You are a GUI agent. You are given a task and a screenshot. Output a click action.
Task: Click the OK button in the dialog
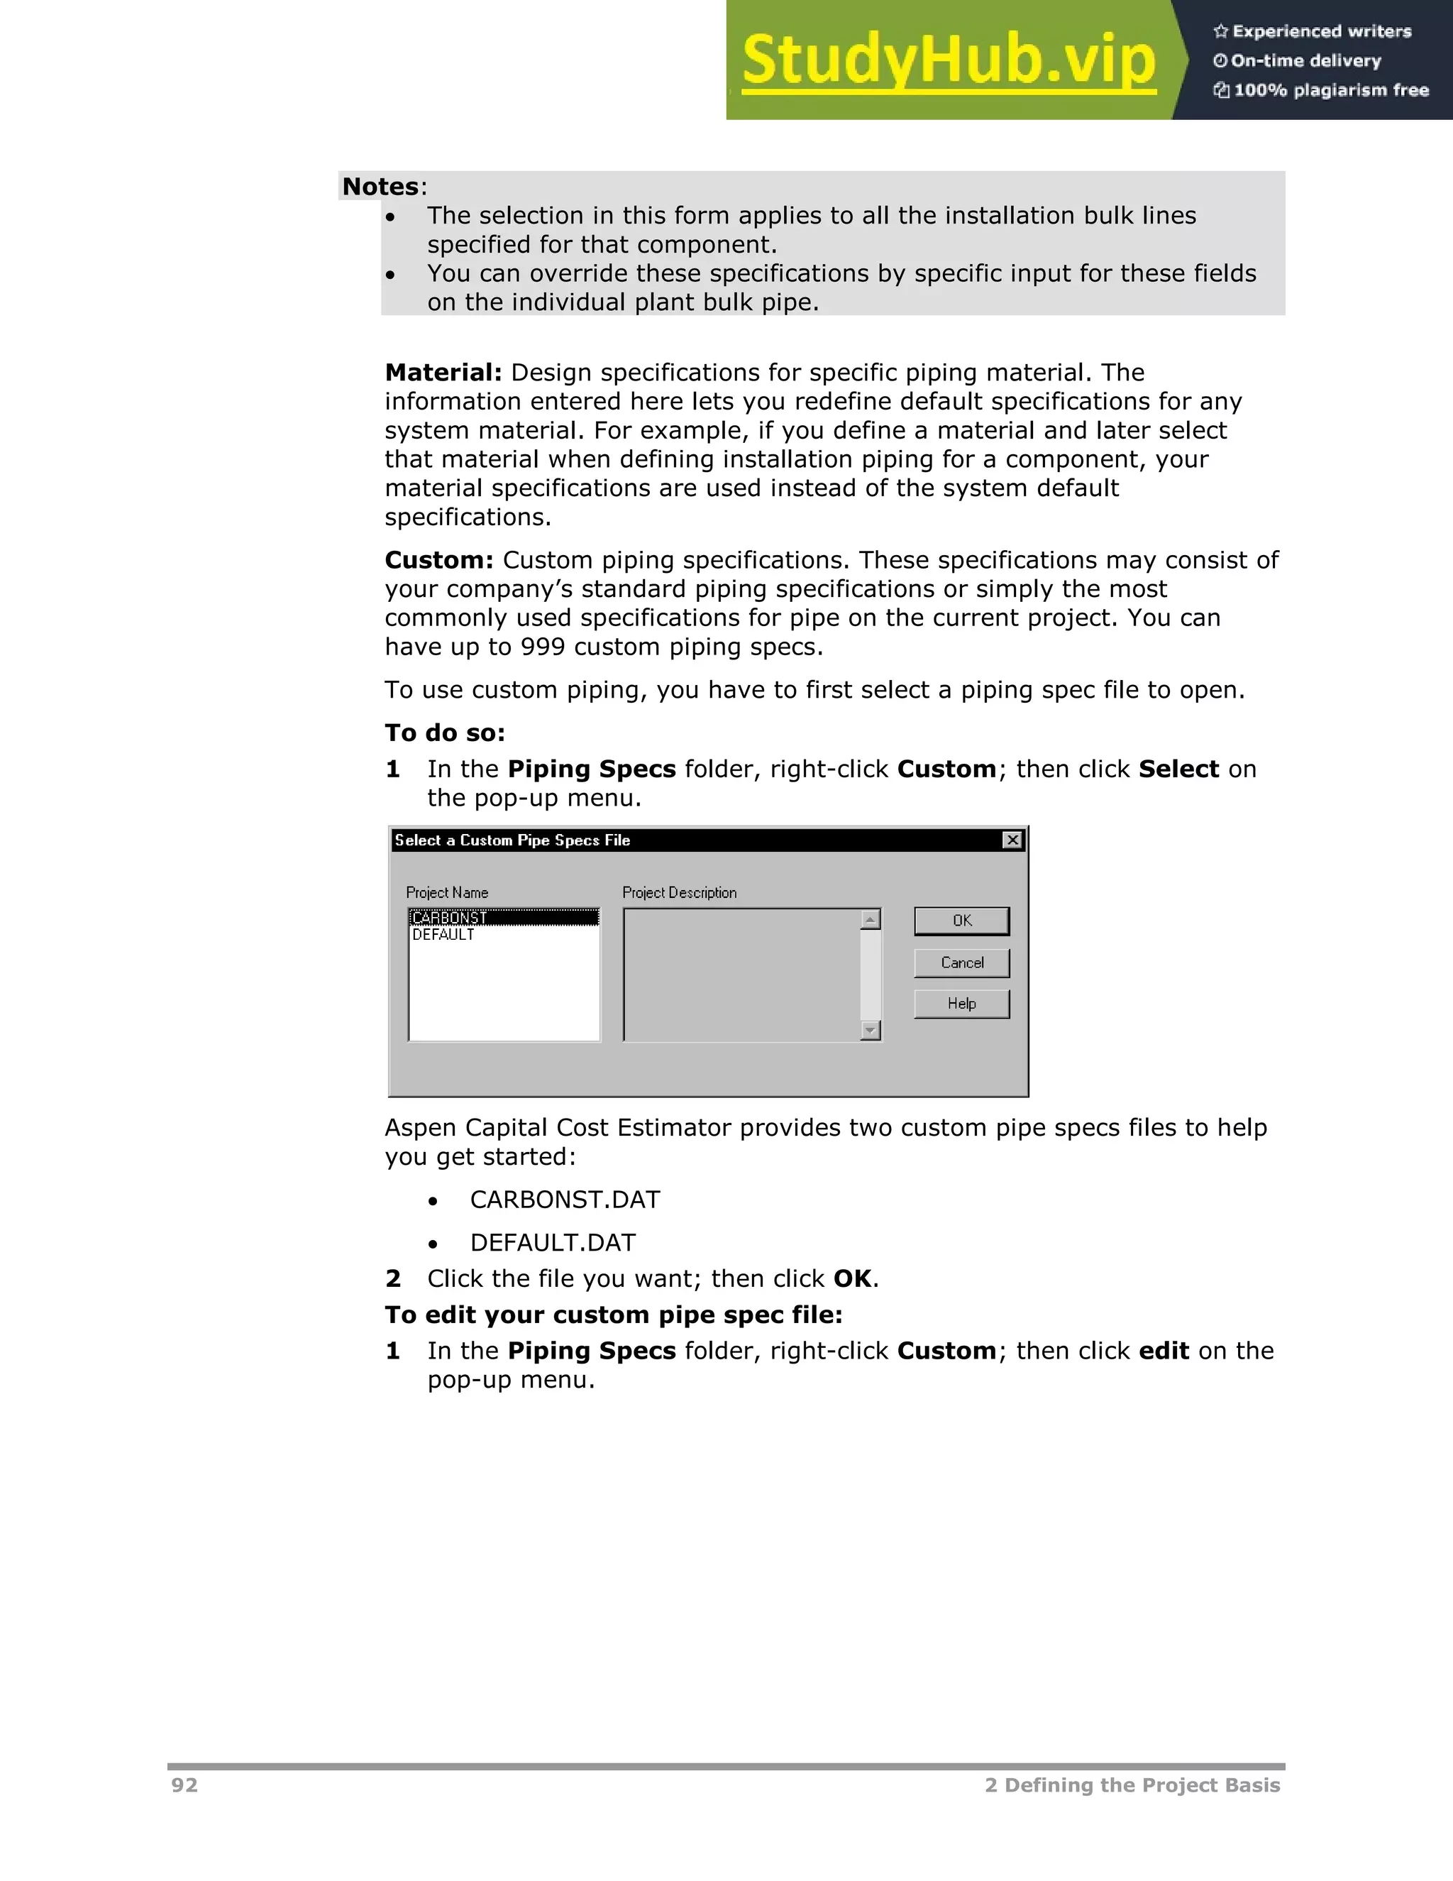point(961,921)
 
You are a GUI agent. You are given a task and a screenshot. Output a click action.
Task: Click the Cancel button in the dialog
point(961,963)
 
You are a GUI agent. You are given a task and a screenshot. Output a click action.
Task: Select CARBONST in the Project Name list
point(451,918)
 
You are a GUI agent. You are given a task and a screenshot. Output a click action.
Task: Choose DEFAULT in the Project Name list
point(443,936)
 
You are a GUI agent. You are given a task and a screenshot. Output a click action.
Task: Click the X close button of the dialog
point(1013,840)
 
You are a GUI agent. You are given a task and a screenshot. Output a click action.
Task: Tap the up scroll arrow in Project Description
point(871,920)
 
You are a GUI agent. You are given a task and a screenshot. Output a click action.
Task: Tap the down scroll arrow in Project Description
point(871,1030)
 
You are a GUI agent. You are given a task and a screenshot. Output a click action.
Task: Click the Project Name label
point(447,893)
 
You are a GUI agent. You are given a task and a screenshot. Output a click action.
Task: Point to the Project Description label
point(679,893)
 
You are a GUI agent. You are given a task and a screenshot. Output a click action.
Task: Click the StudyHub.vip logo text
point(948,60)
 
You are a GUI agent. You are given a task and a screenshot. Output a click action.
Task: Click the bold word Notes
point(380,187)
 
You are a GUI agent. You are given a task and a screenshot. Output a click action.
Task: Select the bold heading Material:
point(443,373)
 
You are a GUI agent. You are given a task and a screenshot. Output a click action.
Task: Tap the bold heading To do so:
point(444,733)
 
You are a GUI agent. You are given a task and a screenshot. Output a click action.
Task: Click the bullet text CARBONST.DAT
point(565,1200)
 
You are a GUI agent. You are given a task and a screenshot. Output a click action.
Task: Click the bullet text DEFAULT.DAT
point(553,1243)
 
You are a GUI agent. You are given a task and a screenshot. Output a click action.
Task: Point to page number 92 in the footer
point(184,1785)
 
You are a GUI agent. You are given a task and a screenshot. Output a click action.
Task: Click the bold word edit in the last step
point(1164,1351)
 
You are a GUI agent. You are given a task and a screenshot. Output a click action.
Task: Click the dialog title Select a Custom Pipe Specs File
point(512,840)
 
